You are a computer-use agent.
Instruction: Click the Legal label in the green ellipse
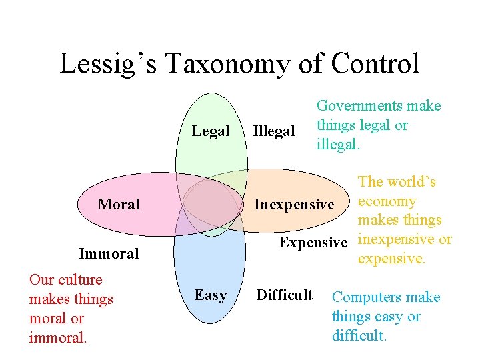[x=211, y=131]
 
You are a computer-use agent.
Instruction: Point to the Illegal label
[x=273, y=131]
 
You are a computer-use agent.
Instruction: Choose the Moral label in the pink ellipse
[x=119, y=204]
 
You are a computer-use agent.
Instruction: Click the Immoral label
[x=109, y=253]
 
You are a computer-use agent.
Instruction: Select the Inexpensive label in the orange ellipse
[x=294, y=204]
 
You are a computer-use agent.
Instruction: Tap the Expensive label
[x=313, y=242]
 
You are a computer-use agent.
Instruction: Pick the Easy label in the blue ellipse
[x=211, y=295]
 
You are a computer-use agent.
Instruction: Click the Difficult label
[x=285, y=295]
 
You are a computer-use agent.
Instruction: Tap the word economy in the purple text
[x=387, y=201]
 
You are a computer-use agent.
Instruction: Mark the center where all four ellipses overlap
[x=211, y=203]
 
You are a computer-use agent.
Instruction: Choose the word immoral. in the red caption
[x=57, y=338]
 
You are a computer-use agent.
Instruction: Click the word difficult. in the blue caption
[x=359, y=336]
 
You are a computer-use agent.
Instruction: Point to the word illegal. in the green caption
[x=338, y=145]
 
